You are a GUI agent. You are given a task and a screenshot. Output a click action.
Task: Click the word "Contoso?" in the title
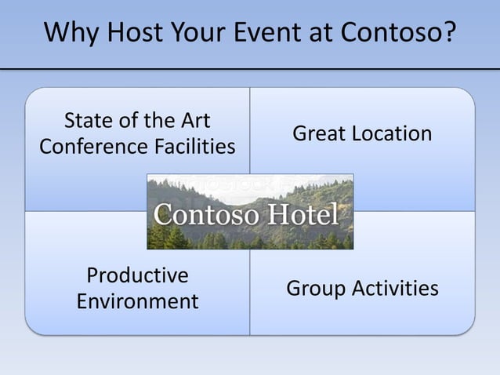click(398, 34)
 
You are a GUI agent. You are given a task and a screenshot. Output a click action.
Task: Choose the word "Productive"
click(137, 276)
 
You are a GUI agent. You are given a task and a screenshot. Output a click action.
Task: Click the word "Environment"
click(137, 301)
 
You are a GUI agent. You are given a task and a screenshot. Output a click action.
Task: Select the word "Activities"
click(395, 289)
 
